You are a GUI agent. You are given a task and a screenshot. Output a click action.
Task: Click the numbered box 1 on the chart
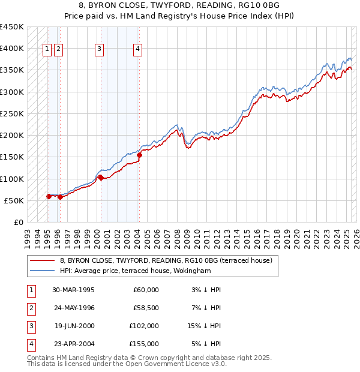pos(47,50)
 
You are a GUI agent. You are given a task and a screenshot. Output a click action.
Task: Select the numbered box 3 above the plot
pos(100,50)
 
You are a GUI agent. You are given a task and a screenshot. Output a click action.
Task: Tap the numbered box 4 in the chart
pos(137,50)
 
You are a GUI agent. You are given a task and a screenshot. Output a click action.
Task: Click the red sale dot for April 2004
pos(139,155)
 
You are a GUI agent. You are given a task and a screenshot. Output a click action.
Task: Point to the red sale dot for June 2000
pos(101,178)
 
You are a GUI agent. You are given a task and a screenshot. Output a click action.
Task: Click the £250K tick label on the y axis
pos(12,113)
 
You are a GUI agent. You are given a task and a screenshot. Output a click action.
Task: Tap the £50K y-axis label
pos(14,200)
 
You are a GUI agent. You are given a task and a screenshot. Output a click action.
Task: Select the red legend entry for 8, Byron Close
pos(166,260)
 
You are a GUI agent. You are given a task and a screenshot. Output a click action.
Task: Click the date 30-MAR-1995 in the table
pos(74,290)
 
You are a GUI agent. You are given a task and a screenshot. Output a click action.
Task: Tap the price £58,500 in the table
pos(146,308)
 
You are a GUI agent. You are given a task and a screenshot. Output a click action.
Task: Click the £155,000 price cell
pos(144,344)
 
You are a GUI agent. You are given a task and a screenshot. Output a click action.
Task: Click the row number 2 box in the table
pos(30,308)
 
